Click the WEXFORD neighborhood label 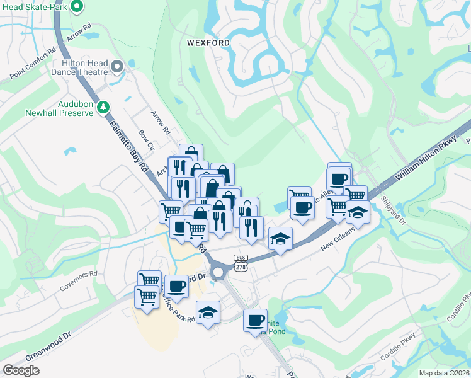point(208,43)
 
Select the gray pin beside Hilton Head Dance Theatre point(116,67)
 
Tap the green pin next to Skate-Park point(77,8)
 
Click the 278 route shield point(240,268)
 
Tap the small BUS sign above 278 point(240,258)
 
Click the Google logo point(21,370)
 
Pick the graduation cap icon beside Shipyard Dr point(358,213)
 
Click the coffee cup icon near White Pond point(255,319)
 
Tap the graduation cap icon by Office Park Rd point(207,312)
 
